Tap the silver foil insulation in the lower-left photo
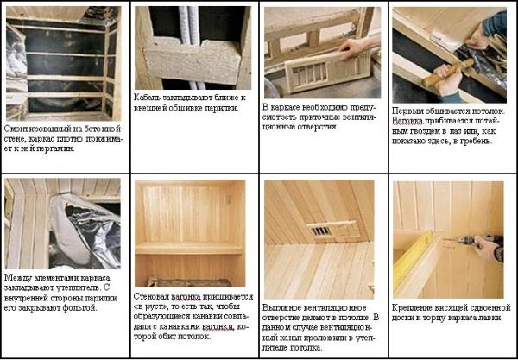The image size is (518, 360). point(85,231)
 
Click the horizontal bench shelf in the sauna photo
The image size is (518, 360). point(188,248)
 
